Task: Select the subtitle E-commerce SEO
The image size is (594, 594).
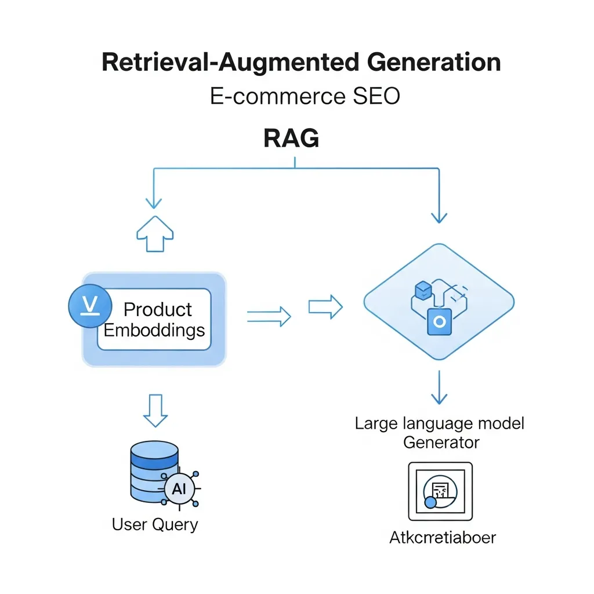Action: tap(305, 96)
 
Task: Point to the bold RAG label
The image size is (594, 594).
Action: tap(291, 139)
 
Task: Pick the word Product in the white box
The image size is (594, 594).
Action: tap(158, 309)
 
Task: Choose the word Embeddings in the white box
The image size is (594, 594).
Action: tap(154, 330)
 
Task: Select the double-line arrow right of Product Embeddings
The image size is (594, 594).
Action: tap(269, 316)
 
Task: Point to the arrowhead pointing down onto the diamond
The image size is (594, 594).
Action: tap(439, 217)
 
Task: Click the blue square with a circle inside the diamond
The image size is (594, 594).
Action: tap(439, 321)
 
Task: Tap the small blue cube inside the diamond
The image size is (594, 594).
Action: tap(422, 289)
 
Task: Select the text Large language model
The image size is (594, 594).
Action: tap(439, 423)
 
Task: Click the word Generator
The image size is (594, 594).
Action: tap(441, 443)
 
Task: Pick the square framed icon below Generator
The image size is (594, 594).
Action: tap(440, 491)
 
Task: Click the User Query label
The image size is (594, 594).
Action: tap(155, 524)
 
